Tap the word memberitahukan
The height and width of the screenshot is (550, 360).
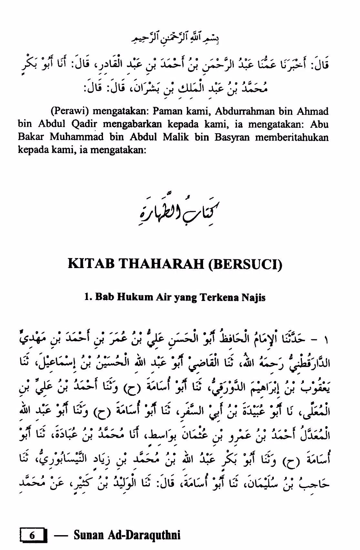[292, 137]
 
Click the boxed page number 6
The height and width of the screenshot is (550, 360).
[32, 535]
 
